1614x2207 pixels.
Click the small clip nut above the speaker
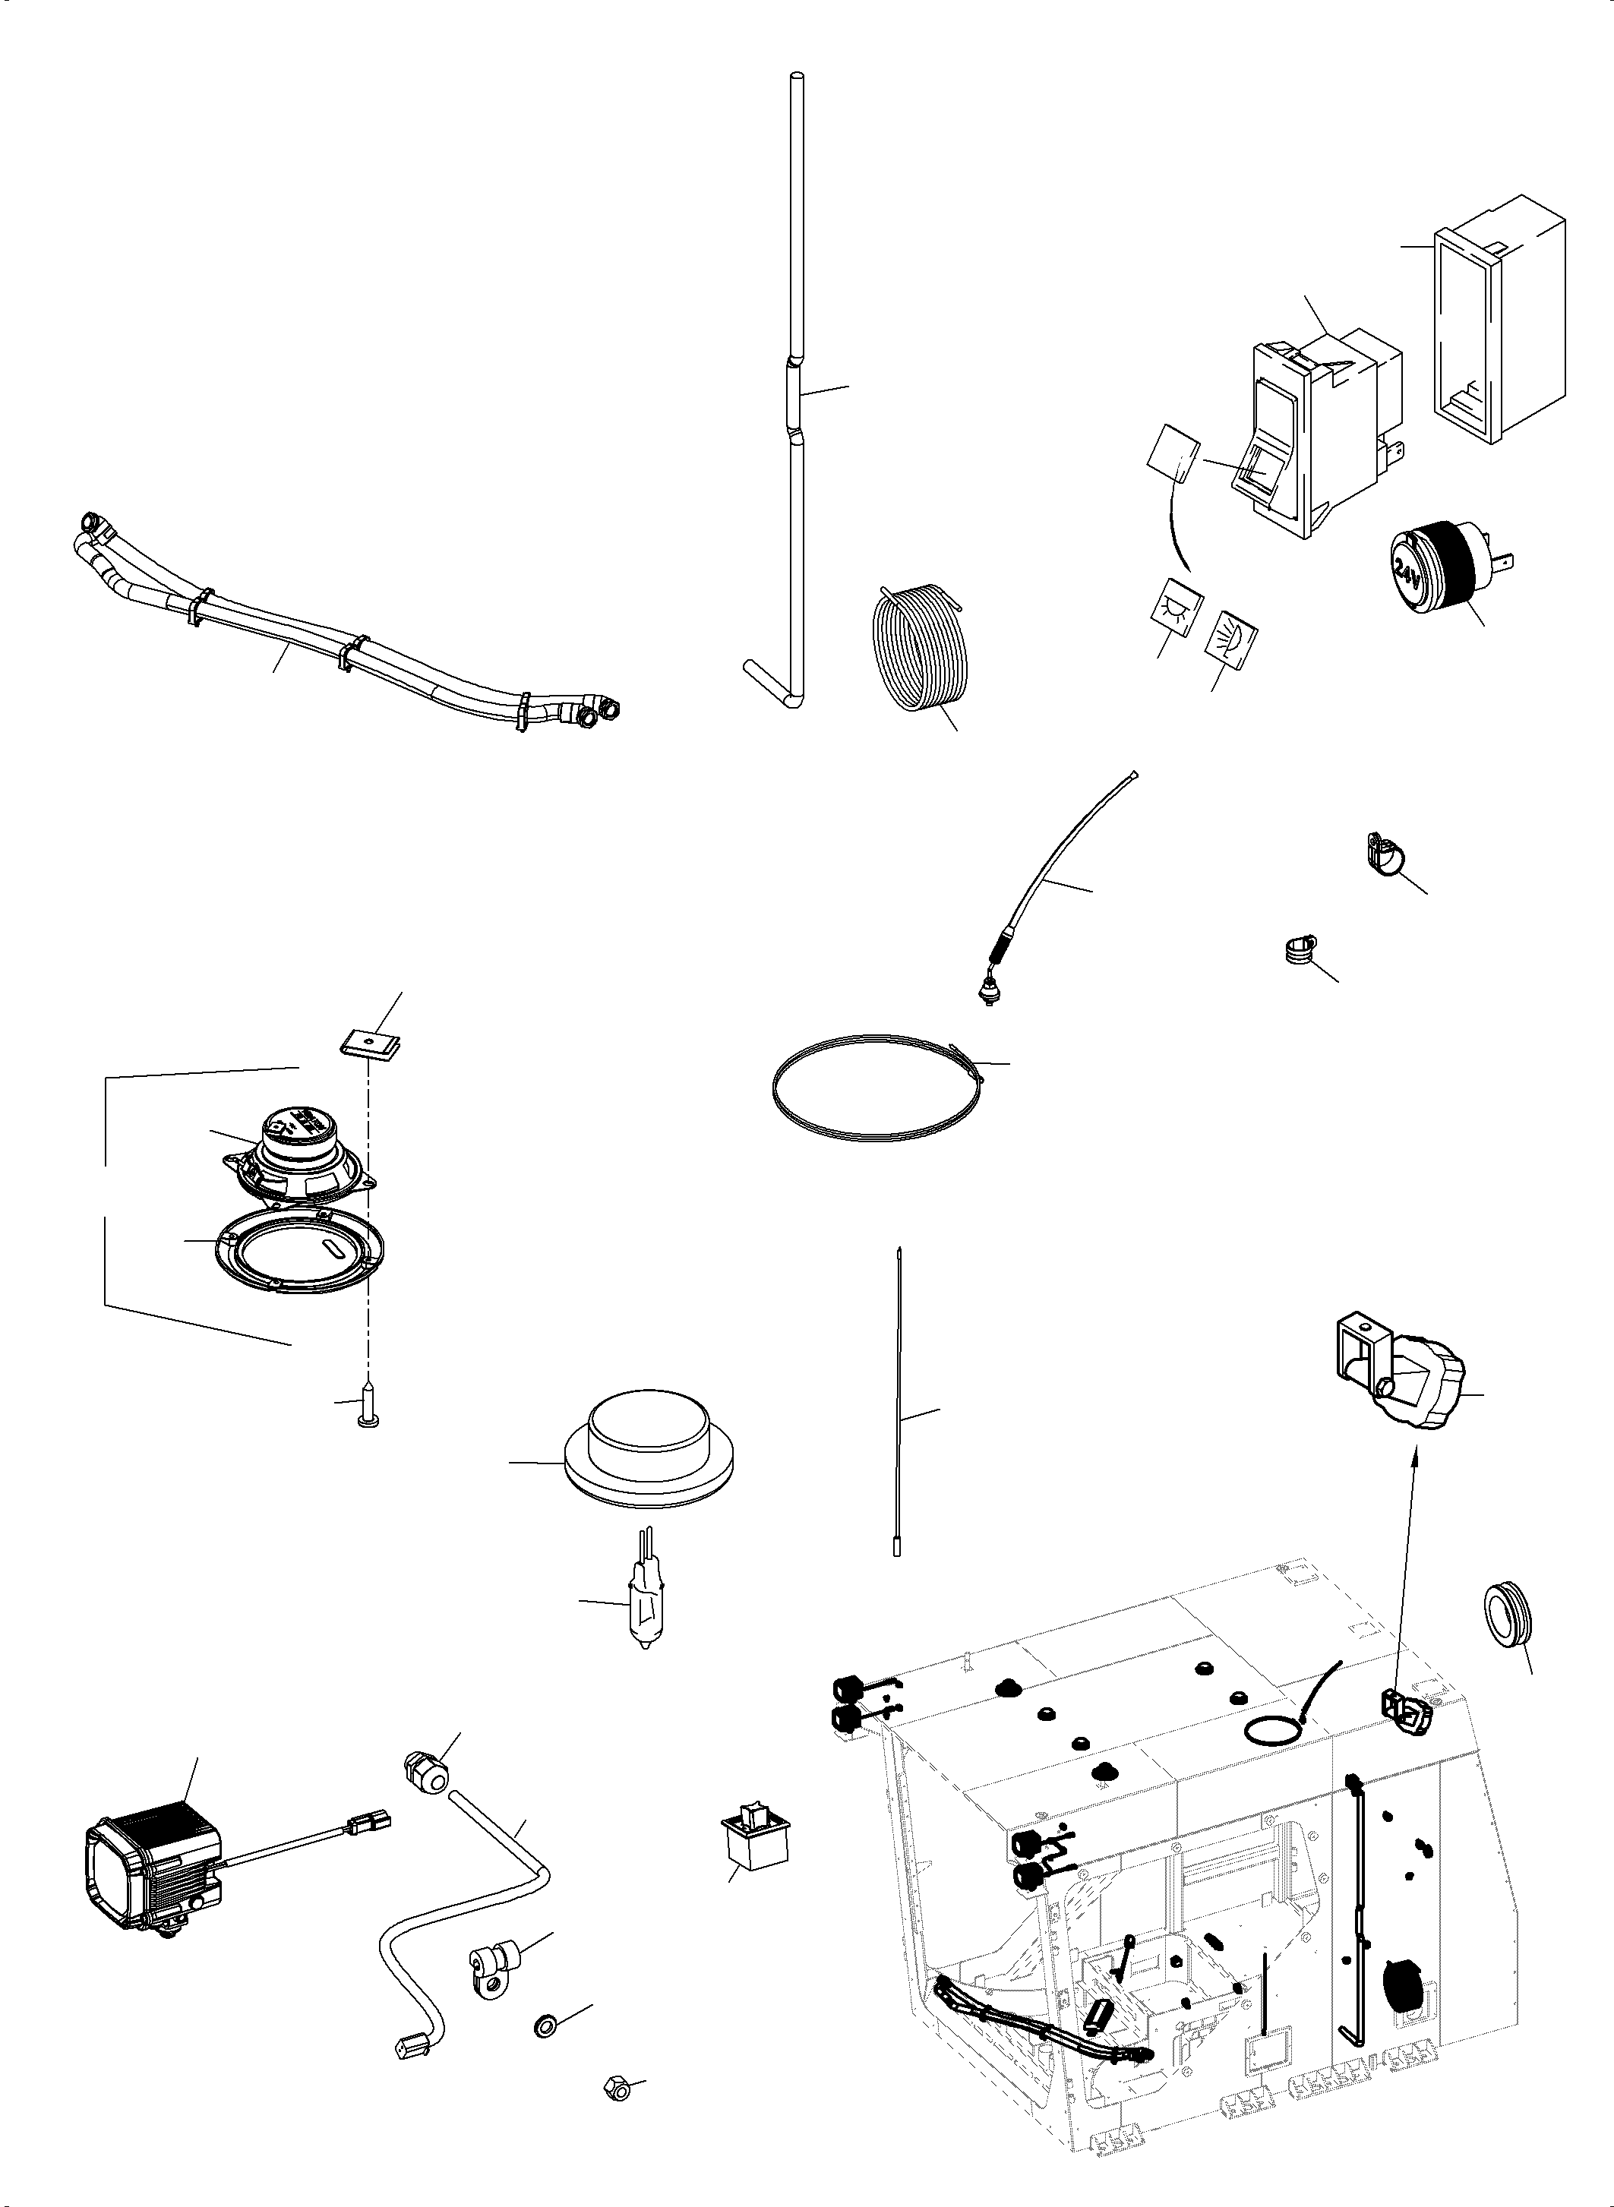(371, 1044)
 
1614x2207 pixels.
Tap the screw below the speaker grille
(369, 1407)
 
